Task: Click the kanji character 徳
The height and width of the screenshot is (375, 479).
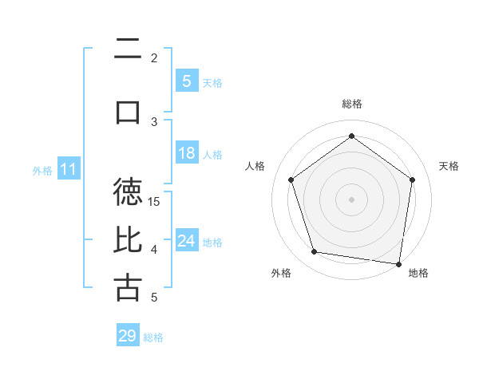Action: coord(128,192)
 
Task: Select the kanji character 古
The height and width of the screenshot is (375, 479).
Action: coord(128,287)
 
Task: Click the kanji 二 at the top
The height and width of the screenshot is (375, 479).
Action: coord(128,49)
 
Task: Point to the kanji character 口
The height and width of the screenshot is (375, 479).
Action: coord(128,112)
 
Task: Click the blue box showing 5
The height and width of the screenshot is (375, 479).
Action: coord(186,81)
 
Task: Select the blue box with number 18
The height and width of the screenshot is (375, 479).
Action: coord(186,153)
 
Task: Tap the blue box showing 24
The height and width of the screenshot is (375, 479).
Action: coord(186,241)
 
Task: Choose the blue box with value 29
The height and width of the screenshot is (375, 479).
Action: coord(128,336)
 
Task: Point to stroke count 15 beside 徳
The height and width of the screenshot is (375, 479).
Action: coord(154,201)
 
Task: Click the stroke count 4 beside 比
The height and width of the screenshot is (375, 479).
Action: coord(154,250)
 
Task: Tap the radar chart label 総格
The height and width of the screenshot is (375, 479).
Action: coord(351,104)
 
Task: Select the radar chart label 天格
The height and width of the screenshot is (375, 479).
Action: coord(449,166)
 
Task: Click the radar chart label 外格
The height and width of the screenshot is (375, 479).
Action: coord(281,273)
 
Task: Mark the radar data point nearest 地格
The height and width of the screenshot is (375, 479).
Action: coord(398,263)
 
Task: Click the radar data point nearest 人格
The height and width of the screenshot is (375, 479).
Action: coord(291,180)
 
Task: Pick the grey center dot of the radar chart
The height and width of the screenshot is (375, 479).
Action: coord(351,199)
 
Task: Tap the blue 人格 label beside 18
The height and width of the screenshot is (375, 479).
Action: coord(212,154)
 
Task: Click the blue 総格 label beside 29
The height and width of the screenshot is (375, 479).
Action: coord(154,337)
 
